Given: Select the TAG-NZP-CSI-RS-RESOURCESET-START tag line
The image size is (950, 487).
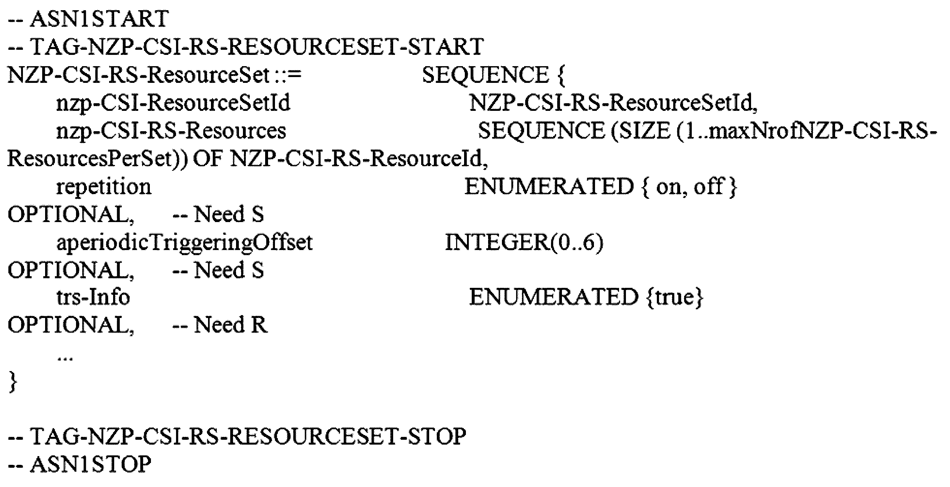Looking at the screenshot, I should (246, 47).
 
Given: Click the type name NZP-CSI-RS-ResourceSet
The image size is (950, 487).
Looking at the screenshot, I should (138, 75).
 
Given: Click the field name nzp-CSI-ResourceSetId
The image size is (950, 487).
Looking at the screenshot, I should (173, 103).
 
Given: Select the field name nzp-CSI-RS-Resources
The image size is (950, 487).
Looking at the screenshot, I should (171, 131).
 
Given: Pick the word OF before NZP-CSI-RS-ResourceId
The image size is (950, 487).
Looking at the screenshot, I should (208, 159).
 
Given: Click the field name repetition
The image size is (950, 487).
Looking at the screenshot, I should (104, 187).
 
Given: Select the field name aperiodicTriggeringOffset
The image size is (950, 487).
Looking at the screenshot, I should (184, 243).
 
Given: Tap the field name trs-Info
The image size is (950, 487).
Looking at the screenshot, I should (93, 297).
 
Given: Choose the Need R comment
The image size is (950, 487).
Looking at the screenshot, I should (220, 325).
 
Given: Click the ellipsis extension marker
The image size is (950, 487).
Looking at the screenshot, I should (65, 358).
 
